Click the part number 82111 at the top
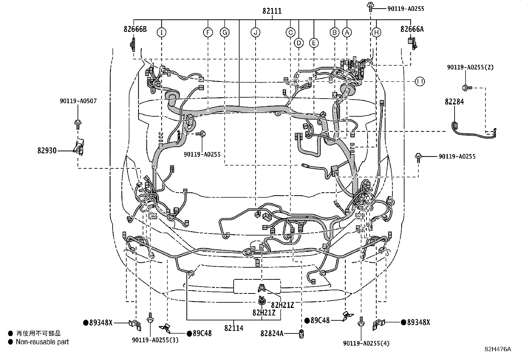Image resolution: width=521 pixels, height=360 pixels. coord(272,11)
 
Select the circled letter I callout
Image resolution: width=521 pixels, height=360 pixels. coord(161,32)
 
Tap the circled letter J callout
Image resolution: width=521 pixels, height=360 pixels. coord(256,32)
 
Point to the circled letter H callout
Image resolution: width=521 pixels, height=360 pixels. coord(376,32)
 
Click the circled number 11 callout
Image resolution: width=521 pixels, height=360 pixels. coord(420,81)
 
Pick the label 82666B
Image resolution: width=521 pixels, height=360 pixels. coord(135,29)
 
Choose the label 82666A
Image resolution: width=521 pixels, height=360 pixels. coord(412,29)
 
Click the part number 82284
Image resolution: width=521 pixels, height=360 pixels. coord(454,102)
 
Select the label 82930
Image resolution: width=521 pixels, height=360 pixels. coord(47,151)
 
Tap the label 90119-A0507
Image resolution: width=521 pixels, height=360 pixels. coord(78,101)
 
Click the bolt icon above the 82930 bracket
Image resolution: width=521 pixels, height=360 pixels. coord(78,123)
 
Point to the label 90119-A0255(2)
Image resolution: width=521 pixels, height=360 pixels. coord(471,67)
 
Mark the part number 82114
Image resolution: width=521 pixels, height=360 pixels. coord(234,328)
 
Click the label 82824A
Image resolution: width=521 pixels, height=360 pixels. coord(272,333)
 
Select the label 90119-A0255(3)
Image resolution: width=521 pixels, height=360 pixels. coord(155,340)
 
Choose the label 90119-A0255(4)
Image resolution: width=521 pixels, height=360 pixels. coord(366,343)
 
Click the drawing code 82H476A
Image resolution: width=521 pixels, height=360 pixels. coord(497,349)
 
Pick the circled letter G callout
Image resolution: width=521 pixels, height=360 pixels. coord(225,32)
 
